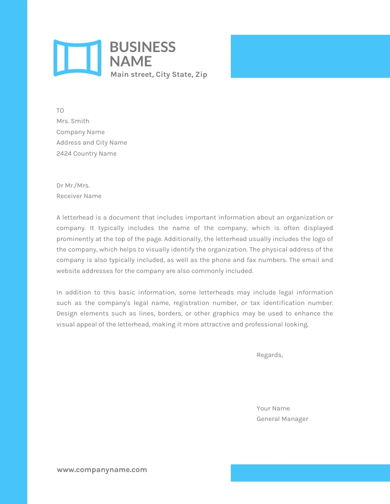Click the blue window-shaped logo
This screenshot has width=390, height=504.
pos(77,58)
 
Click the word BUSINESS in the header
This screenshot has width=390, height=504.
pos(142,47)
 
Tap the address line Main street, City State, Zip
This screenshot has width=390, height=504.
pos(159,74)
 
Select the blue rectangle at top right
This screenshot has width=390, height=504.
pos(310,56)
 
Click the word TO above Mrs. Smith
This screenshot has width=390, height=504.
pos(60,111)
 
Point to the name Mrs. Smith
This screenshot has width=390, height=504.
pos(73,121)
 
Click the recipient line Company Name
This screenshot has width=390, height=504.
pos(80,132)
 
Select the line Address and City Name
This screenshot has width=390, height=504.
pos(92,143)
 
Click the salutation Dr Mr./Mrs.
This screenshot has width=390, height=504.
pos(73,186)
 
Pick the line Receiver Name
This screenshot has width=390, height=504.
pos(79,196)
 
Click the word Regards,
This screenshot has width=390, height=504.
pos(270,355)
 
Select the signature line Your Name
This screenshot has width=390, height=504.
pos(273,409)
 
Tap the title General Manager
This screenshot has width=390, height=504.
pos(282,419)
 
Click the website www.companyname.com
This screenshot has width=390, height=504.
pos(102,470)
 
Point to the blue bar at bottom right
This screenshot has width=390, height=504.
pos(310,473)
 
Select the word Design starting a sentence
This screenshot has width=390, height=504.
pos(67,314)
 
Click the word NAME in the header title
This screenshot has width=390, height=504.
pos(130,61)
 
